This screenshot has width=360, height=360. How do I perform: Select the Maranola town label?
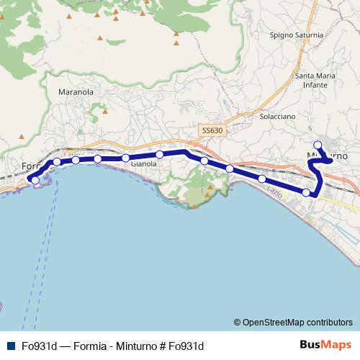click(76, 92)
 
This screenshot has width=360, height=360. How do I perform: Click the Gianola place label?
click(143, 164)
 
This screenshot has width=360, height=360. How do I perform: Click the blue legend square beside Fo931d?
click(12, 346)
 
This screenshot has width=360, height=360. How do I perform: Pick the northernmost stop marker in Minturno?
click(318, 145)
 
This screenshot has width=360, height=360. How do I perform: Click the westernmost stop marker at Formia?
click(35, 179)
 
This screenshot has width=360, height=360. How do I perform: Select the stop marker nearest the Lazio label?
click(262, 179)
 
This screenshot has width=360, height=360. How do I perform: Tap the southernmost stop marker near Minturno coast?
click(307, 192)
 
